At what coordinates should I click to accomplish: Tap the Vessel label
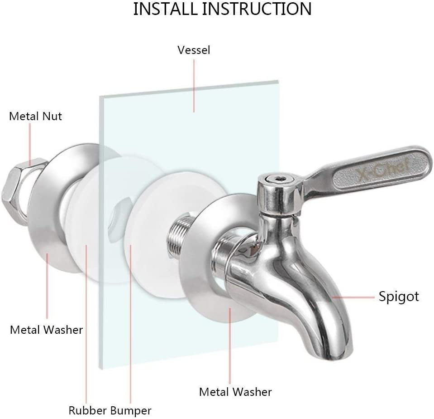coord(194,50)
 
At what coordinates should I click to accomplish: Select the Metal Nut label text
coord(35,116)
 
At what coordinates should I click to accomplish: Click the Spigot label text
coord(399,297)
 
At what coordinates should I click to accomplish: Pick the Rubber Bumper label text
coord(110,410)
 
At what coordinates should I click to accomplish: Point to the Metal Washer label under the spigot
coord(235,391)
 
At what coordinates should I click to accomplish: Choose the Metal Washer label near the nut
coord(47,329)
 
